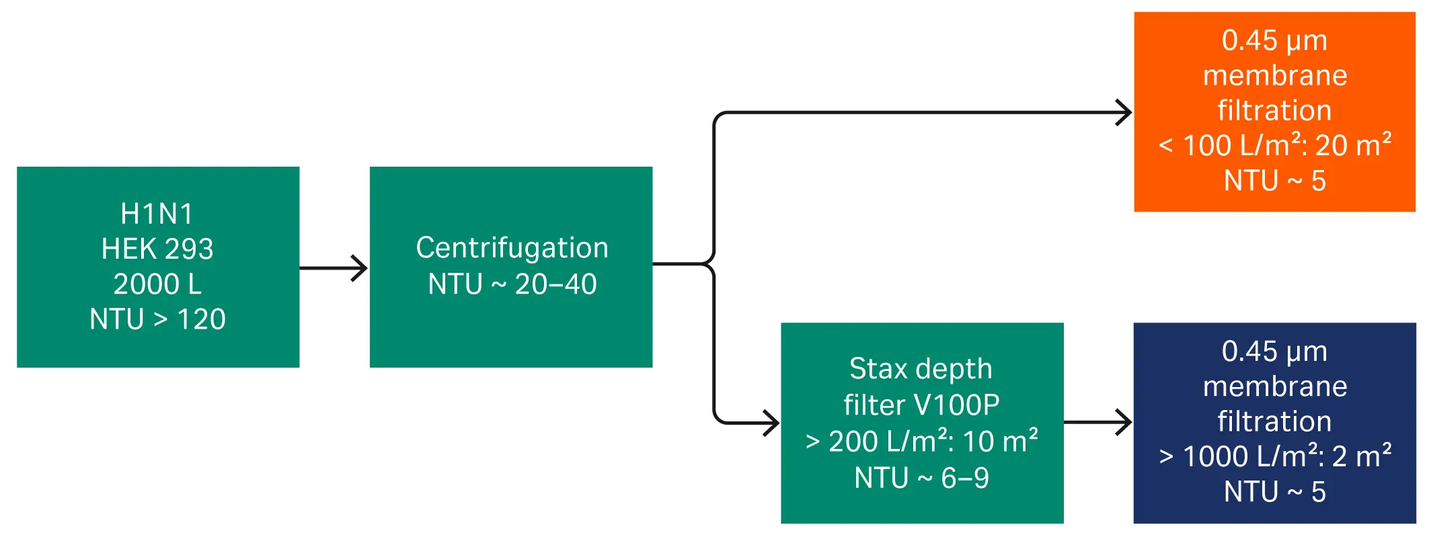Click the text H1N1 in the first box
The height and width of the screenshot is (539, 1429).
coord(157,214)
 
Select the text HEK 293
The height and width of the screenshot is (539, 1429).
coord(157,249)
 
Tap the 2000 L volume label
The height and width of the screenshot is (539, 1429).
coord(157,284)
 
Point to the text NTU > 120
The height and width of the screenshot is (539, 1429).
coord(157,319)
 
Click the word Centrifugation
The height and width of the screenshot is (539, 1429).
coord(512,248)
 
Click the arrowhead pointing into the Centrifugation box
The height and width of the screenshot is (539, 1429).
coord(361,268)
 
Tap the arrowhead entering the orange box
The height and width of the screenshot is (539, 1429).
coord(1125,112)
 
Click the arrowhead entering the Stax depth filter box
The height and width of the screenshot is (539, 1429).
coord(773,423)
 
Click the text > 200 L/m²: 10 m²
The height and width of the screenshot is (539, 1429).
coord(921,442)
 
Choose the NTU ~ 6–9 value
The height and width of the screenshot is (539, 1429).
coord(921,478)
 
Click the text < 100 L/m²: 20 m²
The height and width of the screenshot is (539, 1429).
coord(1274,145)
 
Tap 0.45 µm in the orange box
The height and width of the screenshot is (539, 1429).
coord(1274,41)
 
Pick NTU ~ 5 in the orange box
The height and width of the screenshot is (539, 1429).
coord(1274,181)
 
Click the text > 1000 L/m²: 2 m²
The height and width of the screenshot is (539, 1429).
coord(1274,456)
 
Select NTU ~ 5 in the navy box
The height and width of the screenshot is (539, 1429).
coord(1274,492)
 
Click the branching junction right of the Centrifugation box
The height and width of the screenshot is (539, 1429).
coord(712,264)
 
